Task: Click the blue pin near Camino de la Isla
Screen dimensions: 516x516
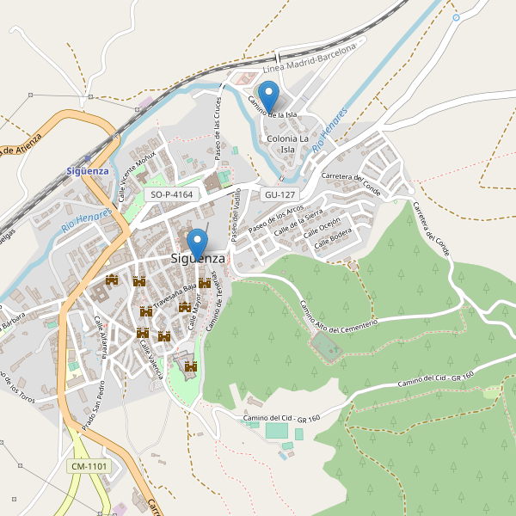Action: (269, 94)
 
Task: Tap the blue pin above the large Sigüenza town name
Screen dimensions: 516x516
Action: (198, 242)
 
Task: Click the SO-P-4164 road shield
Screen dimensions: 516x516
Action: (171, 195)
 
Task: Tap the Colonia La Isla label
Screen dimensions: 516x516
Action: (288, 144)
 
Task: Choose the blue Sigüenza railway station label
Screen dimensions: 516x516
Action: (88, 170)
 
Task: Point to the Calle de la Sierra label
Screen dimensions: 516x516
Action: (298, 221)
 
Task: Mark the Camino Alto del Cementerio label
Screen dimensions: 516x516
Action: (338, 315)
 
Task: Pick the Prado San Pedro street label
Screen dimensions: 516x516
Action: (93, 405)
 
